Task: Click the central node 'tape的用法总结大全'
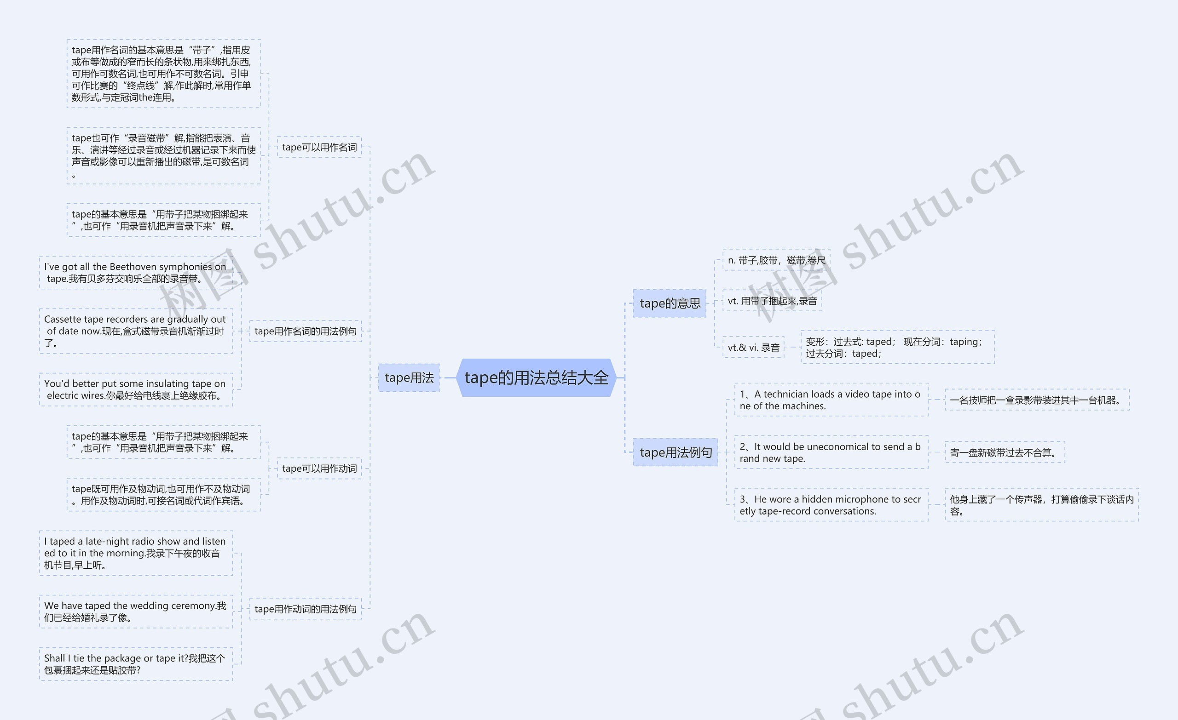pyautogui.click(x=536, y=377)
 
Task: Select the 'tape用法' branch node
pyautogui.click(x=409, y=377)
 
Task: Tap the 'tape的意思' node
pyautogui.click(x=670, y=303)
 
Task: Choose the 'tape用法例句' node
pyautogui.click(x=675, y=452)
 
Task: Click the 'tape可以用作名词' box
pyautogui.click(x=319, y=147)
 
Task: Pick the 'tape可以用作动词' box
pyautogui.click(x=319, y=468)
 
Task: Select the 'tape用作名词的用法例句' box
pyautogui.click(x=305, y=331)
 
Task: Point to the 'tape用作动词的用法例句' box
pyautogui.click(x=305, y=609)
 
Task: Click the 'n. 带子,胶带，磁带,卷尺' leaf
pyautogui.click(x=776, y=260)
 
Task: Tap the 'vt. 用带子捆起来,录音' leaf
pyautogui.click(x=772, y=301)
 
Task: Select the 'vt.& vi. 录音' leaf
pyautogui.click(x=753, y=347)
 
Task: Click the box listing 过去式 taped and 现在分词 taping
pyautogui.click(x=897, y=347)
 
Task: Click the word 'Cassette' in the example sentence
pyautogui.click(x=62, y=319)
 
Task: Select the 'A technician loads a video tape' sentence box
pyautogui.click(x=831, y=400)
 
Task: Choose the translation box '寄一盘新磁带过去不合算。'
pyautogui.click(x=1004, y=452)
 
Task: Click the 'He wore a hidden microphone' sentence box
pyautogui.click(x=831, y=505)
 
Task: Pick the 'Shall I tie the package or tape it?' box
pyautogui.click(x=136, y=663)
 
